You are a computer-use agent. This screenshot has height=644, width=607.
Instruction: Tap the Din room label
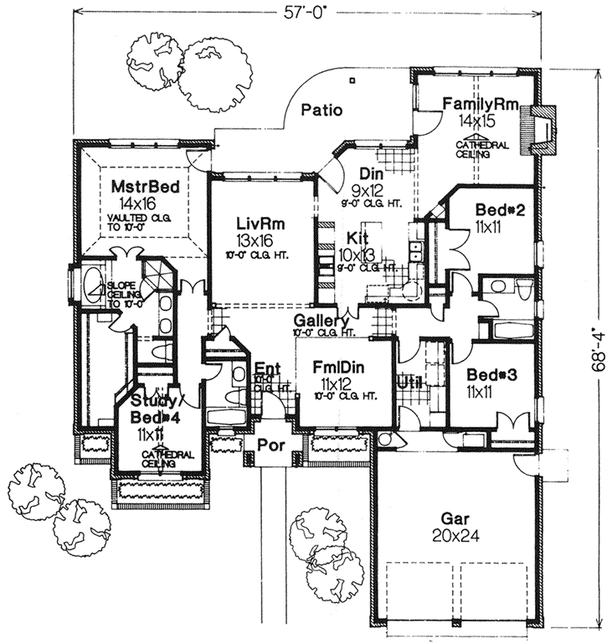point(371,173)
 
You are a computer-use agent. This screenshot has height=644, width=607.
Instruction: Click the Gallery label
point(321,322)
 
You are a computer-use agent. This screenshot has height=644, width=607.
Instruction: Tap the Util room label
point(410,382)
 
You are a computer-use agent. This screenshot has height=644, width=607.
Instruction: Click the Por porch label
point(270,443)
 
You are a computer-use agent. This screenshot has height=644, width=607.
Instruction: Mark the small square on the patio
point(353,80)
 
